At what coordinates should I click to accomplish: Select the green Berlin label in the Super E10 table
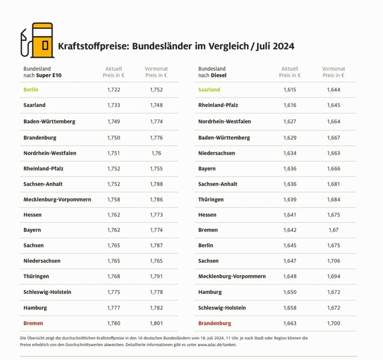[31, 90]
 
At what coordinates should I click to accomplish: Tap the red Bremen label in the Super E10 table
[33, 323]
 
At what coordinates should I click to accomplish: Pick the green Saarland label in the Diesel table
[209, 90]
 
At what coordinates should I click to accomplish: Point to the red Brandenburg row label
[214, 323]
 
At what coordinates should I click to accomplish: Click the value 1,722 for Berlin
[114, 90]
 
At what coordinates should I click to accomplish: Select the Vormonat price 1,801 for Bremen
[156, 323]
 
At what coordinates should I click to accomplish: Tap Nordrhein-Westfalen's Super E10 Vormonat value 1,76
[156, 153]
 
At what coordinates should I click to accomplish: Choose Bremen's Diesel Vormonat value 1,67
[333, 230]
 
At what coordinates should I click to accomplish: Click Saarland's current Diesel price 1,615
[290, 90]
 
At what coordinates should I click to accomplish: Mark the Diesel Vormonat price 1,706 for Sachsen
[334, 261]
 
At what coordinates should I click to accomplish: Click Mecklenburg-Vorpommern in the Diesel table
[232, 276]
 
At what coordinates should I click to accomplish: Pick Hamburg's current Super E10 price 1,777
[114, 308]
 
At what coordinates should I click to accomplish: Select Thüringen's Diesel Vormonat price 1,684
[334, 200]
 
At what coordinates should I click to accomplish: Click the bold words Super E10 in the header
[49, 75]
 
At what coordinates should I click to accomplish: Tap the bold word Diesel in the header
[219, 75]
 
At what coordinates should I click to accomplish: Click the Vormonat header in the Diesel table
[334, 69]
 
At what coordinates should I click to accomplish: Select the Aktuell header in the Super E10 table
[114, 69]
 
